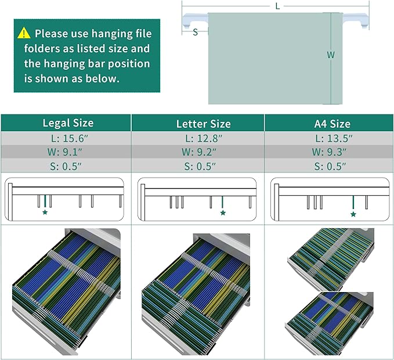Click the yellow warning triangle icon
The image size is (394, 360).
pos(24,33)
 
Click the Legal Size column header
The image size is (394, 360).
pos(68,123)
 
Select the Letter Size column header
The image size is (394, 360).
pos(204,124)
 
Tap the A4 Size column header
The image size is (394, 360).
pos(332,124)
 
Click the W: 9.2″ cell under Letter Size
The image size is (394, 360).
pos(199,152)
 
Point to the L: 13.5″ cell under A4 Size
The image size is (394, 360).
pos(334,139)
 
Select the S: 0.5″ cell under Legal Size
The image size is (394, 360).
pos(66,167)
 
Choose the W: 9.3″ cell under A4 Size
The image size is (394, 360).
pos(329,152)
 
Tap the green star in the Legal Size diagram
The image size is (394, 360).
pos(45,213)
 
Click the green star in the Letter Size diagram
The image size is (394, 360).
pos(223,213)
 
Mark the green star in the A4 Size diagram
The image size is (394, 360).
pos(353,214)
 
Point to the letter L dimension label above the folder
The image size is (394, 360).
pos(277,6)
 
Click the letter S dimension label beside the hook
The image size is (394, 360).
pos(195,32)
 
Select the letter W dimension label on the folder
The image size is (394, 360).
pos(331,55)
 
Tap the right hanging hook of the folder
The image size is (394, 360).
pos(356,20)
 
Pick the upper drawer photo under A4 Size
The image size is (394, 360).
pos(331,259)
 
